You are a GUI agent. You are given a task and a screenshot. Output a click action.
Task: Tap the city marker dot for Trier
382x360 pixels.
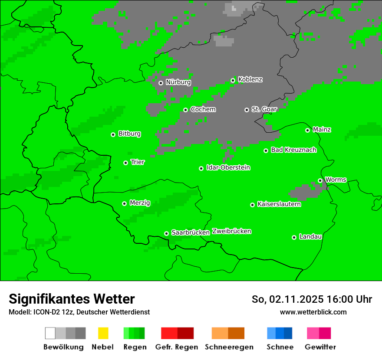(125, 163)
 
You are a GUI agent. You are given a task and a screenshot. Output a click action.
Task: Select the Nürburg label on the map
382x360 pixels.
(178, 82)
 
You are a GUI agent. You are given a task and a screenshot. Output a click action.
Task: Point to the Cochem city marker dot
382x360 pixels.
(185, 110)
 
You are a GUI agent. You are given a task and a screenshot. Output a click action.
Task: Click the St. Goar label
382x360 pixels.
(264, 109)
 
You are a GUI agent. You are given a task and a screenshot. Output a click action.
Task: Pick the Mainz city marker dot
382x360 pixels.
(307, 130)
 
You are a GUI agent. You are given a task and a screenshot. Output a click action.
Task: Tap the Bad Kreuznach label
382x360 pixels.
(293, 150)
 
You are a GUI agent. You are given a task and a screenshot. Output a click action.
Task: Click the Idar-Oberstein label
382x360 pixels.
(228, 168)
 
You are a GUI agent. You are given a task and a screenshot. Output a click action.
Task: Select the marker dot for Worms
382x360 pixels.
(320, 180)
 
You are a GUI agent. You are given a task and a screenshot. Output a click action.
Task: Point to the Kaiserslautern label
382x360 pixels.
(279, 204)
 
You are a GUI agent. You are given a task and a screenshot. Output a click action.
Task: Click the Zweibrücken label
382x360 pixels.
(231, 232)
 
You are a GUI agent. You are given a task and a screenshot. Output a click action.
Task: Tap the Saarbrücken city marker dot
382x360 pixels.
(166, 233)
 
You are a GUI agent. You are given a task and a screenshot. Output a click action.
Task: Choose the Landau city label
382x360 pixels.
(310, 237)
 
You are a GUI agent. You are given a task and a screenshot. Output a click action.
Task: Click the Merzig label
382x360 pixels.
(140, 203)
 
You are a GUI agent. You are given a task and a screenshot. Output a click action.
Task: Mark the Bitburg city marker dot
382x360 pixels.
(113, 134)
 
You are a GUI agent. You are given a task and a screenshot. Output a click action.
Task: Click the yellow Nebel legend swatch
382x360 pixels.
(103, 333)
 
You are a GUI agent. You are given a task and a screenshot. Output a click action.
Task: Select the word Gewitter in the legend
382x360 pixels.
(320, 347)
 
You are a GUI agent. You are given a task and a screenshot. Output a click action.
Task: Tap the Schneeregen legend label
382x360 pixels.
(229, 347)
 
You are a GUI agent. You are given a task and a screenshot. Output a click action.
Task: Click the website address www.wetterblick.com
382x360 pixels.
(313, 312)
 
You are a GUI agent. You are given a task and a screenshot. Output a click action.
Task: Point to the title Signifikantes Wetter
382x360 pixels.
(72, 299)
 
